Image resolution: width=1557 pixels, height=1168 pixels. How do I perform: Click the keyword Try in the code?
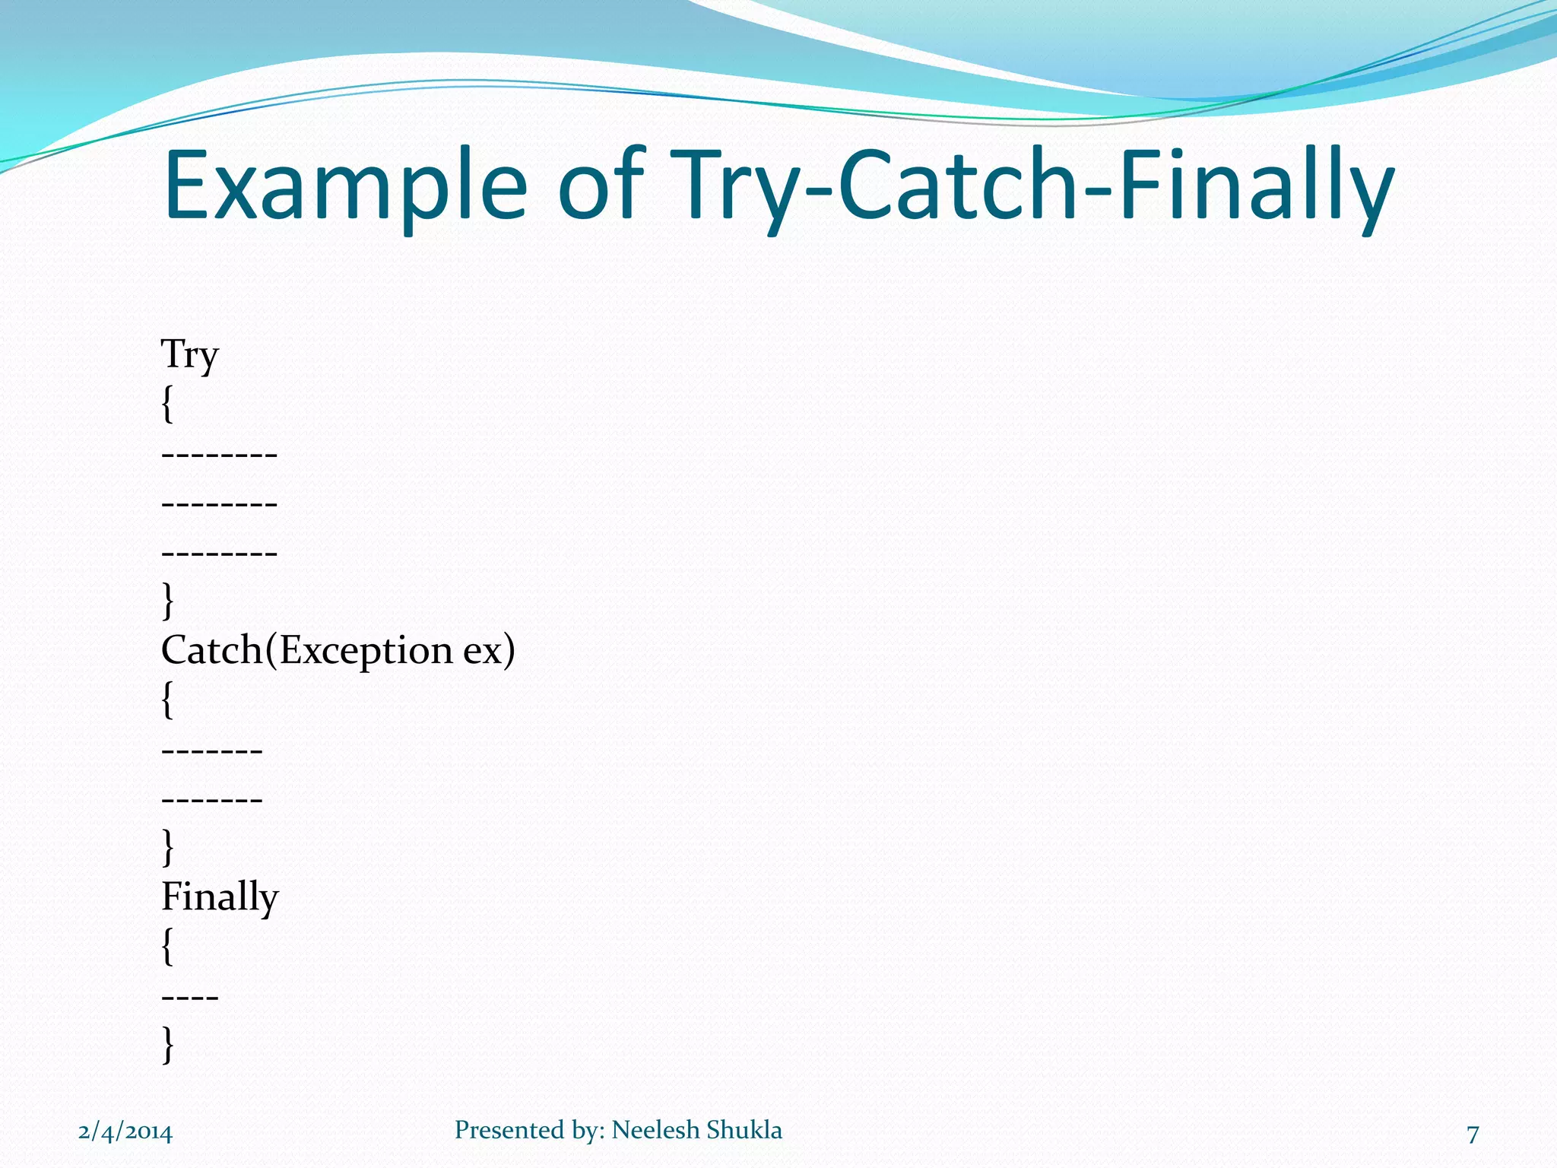coord(190,355)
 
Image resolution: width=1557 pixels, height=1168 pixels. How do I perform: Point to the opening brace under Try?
coord(168,404)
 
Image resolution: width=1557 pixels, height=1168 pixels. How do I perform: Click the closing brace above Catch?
coord(168,601)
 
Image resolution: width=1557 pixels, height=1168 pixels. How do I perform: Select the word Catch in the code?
coord(212,650)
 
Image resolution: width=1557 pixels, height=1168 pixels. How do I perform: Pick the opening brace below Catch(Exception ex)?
coord(168,700)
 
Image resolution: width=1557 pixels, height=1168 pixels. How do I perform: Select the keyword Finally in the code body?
coord(220,897)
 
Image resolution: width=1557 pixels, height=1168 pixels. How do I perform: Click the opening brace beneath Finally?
coord(168,946)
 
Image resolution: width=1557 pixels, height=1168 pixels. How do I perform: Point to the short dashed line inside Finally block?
coord(190,996)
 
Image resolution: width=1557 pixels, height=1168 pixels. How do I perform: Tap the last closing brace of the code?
coord(168,1044)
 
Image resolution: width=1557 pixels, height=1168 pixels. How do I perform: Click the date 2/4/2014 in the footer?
coord(125,1132)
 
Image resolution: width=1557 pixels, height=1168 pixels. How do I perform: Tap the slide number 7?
coord(1473,1134)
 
